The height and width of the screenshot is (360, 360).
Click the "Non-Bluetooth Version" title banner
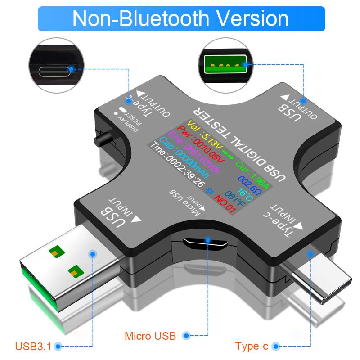coord(180,18)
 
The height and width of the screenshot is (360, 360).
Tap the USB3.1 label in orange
coord(33,346)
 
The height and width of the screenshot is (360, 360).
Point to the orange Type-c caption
coord(252,346)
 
